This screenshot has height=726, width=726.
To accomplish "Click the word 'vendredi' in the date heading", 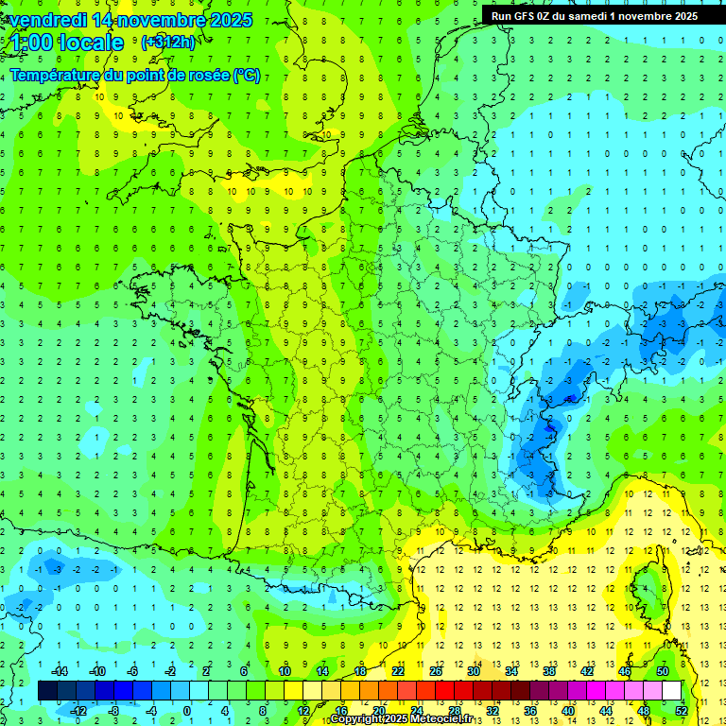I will point(47,20).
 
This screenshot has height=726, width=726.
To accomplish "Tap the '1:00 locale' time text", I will point(66,43).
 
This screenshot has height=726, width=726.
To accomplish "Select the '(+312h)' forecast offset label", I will point(169,43).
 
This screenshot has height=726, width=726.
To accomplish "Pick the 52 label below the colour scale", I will point(682,711).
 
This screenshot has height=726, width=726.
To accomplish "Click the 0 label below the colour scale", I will point(187,711).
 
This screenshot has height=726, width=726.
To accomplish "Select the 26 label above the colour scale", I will point(436,671).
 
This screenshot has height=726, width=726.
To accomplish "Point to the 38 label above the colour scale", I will point(549,671).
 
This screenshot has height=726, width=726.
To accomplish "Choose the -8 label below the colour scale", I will point(113,711).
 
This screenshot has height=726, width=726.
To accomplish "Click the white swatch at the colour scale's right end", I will point(672,691).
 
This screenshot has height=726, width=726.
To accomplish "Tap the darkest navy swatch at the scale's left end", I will point(48,691).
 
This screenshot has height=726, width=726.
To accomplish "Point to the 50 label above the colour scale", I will point(663,671).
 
